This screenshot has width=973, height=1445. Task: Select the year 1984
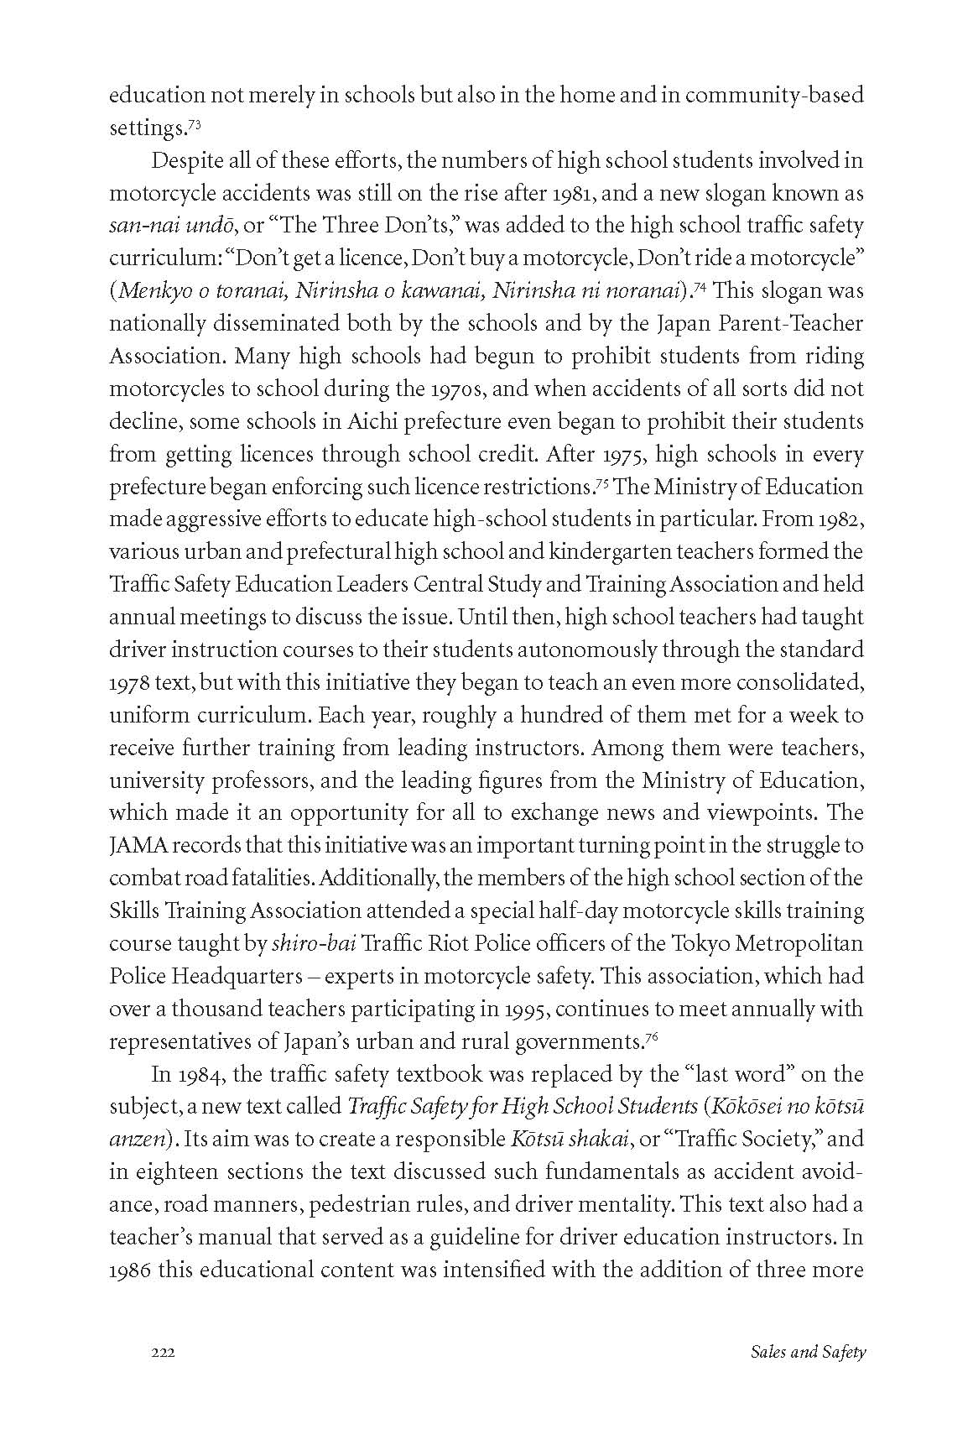194,1074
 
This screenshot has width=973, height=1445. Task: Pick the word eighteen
168,1172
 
